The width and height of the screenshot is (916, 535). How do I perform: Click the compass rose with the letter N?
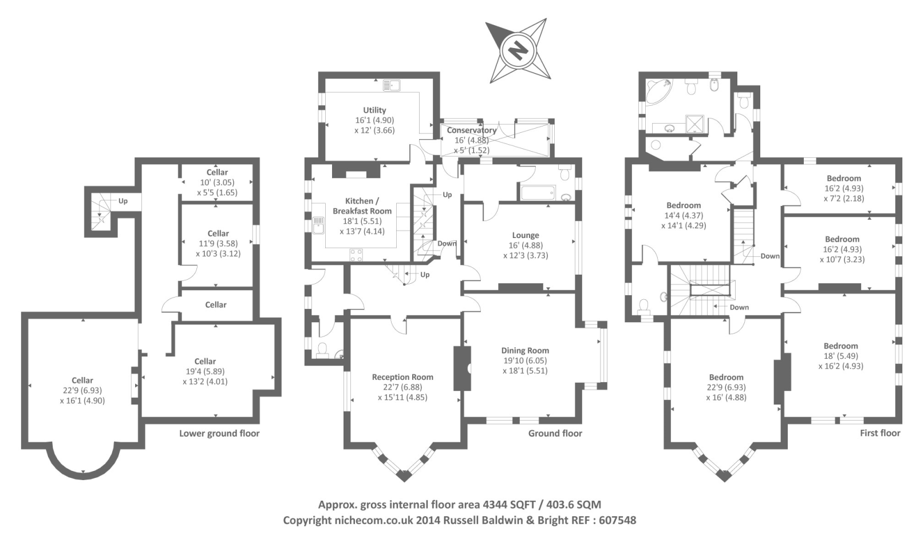click(518, 50)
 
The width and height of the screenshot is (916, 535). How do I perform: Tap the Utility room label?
click(374, 110)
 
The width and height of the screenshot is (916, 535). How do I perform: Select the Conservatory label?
click(472, 130)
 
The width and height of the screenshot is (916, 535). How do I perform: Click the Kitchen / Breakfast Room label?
click(362, 206)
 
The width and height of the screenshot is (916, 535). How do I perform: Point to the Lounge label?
click(526, 235)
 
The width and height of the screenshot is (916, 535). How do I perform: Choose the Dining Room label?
click(525, 351)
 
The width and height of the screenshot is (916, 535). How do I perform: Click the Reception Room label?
click(402, 377)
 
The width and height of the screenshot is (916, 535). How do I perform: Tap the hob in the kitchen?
click(356, 255)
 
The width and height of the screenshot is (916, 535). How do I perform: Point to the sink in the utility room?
click(392, 86)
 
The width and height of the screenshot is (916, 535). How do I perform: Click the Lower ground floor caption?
click(219, 434)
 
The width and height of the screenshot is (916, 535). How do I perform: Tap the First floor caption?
click(880, 433)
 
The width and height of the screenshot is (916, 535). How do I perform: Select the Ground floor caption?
click(555, 434)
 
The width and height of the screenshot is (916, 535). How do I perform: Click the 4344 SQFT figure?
click(509, 505)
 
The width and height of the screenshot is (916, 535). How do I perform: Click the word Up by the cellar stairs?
click(123, 201)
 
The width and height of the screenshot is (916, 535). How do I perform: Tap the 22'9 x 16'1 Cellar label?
click(82, 381)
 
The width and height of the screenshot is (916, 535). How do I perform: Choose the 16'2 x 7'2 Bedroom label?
click(844, 179)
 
